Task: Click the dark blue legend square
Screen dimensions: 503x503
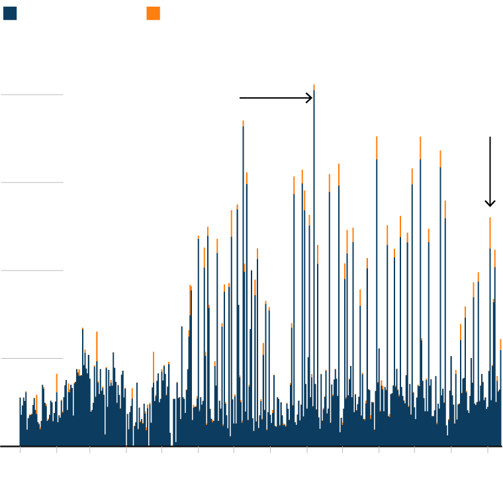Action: (10, 13)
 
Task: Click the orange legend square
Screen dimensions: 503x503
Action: (153, 13)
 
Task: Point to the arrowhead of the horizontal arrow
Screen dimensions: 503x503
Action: (312, 98)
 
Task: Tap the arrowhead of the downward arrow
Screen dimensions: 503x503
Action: (490, 206)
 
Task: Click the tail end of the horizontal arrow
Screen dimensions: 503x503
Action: (240, 98)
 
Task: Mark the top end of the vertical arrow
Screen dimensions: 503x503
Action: (490, 137)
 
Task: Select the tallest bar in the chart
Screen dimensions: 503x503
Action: (314, 265)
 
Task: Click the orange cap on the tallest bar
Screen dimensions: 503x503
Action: (314, 87)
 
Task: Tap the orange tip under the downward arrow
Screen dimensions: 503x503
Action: (490, 232)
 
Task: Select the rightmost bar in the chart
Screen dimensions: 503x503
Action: (500, 397)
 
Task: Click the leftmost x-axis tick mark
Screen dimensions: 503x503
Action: (20, 449)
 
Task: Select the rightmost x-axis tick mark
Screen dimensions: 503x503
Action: (487, 449)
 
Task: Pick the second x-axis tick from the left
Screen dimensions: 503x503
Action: (56, 449)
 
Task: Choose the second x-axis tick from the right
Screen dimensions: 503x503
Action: (451, 449)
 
